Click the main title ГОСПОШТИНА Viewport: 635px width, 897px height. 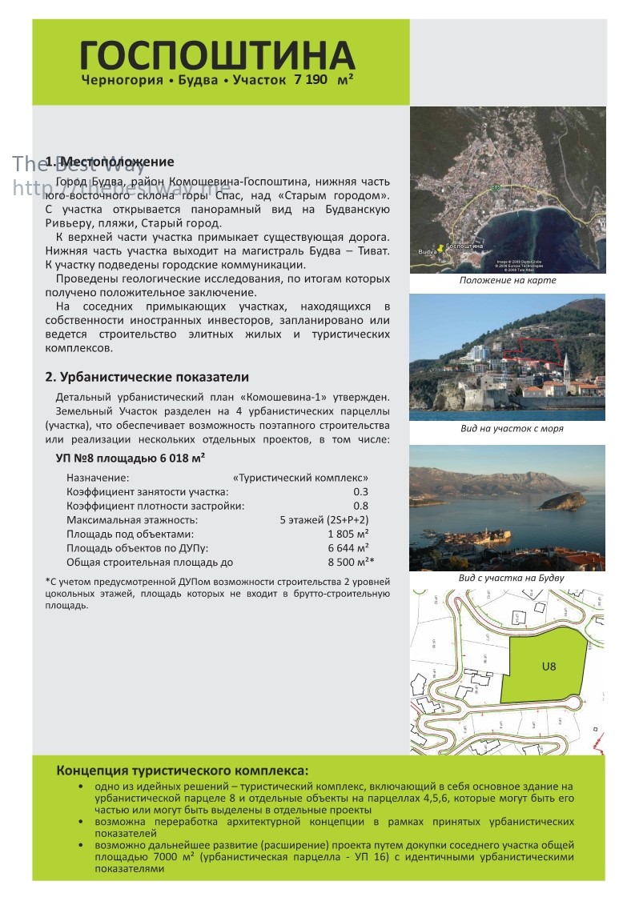(x=217, y=55)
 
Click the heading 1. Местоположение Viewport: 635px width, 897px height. (x=110, y=162)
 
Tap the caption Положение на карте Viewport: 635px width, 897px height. (x=508, y=281)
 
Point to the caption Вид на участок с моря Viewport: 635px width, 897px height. (x=512, y=428)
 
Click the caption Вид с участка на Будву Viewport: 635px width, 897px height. (x=511, y=578)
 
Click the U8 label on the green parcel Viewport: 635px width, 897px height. (x=549, y=665)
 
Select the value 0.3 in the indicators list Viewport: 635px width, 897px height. (x=360, y=491)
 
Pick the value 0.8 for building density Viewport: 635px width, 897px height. (x=360, y=506)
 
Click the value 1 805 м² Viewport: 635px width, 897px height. (x=348, y=534)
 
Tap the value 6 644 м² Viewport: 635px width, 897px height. (x=348, y=548)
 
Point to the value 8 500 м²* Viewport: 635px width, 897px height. (x=351, y=563)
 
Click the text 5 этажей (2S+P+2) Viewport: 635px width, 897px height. (x=324, y=520)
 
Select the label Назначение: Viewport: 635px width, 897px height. (x=98, y=478)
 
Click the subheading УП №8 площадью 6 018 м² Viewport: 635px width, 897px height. (x=131, y=458)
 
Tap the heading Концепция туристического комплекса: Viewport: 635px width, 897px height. (x=182, y=771)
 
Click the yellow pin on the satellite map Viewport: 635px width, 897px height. (x=440, y=248)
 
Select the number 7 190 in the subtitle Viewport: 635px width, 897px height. (x=311, y=81)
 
